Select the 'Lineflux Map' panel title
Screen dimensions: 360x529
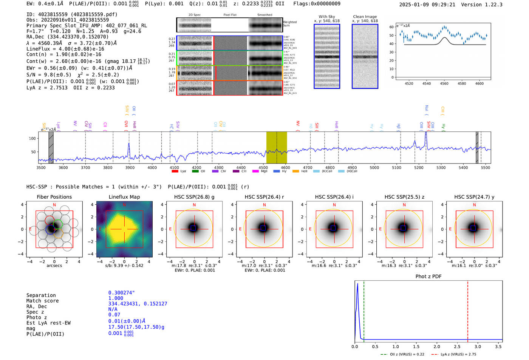pyautogui.click(x=124, y=197)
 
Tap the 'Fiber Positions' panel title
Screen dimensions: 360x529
pyautogui.click(x=54, y=197)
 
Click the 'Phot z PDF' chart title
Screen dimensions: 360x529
pyautogui.click(x=428, y=277)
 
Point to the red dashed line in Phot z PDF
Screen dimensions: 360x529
pyautogui.click(x=467, y=310)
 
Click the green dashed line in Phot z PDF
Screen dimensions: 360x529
pyautogui.click(x=363, y=310)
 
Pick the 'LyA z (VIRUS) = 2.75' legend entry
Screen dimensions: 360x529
pyautogui.click(x=458, y=354)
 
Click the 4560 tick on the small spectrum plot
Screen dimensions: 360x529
pyautogui.click(x=444, y=83)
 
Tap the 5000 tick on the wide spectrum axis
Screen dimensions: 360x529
pyautogui.click(x=374, y=167)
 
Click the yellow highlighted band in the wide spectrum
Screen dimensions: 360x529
pyautogui.click(x=276, y=147)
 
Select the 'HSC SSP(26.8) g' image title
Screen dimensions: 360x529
pyautogui.click(x=194, y=197)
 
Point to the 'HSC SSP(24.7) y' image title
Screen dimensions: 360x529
pyautogui.click(x=474, y=197)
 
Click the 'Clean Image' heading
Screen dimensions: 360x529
pyautogui.click(x=365, y=17)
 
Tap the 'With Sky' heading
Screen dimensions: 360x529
pyautogui.click(x=326, y=17)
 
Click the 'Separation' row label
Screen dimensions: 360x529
pyautogui.click(x=41, y=295)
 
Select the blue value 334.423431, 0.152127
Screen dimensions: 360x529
pyautogui.click(x=138, y=304)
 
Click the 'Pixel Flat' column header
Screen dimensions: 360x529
pyautogui.click(x=230, y=15)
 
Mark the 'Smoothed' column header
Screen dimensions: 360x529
pyautogui.click(x=264, y=15)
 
